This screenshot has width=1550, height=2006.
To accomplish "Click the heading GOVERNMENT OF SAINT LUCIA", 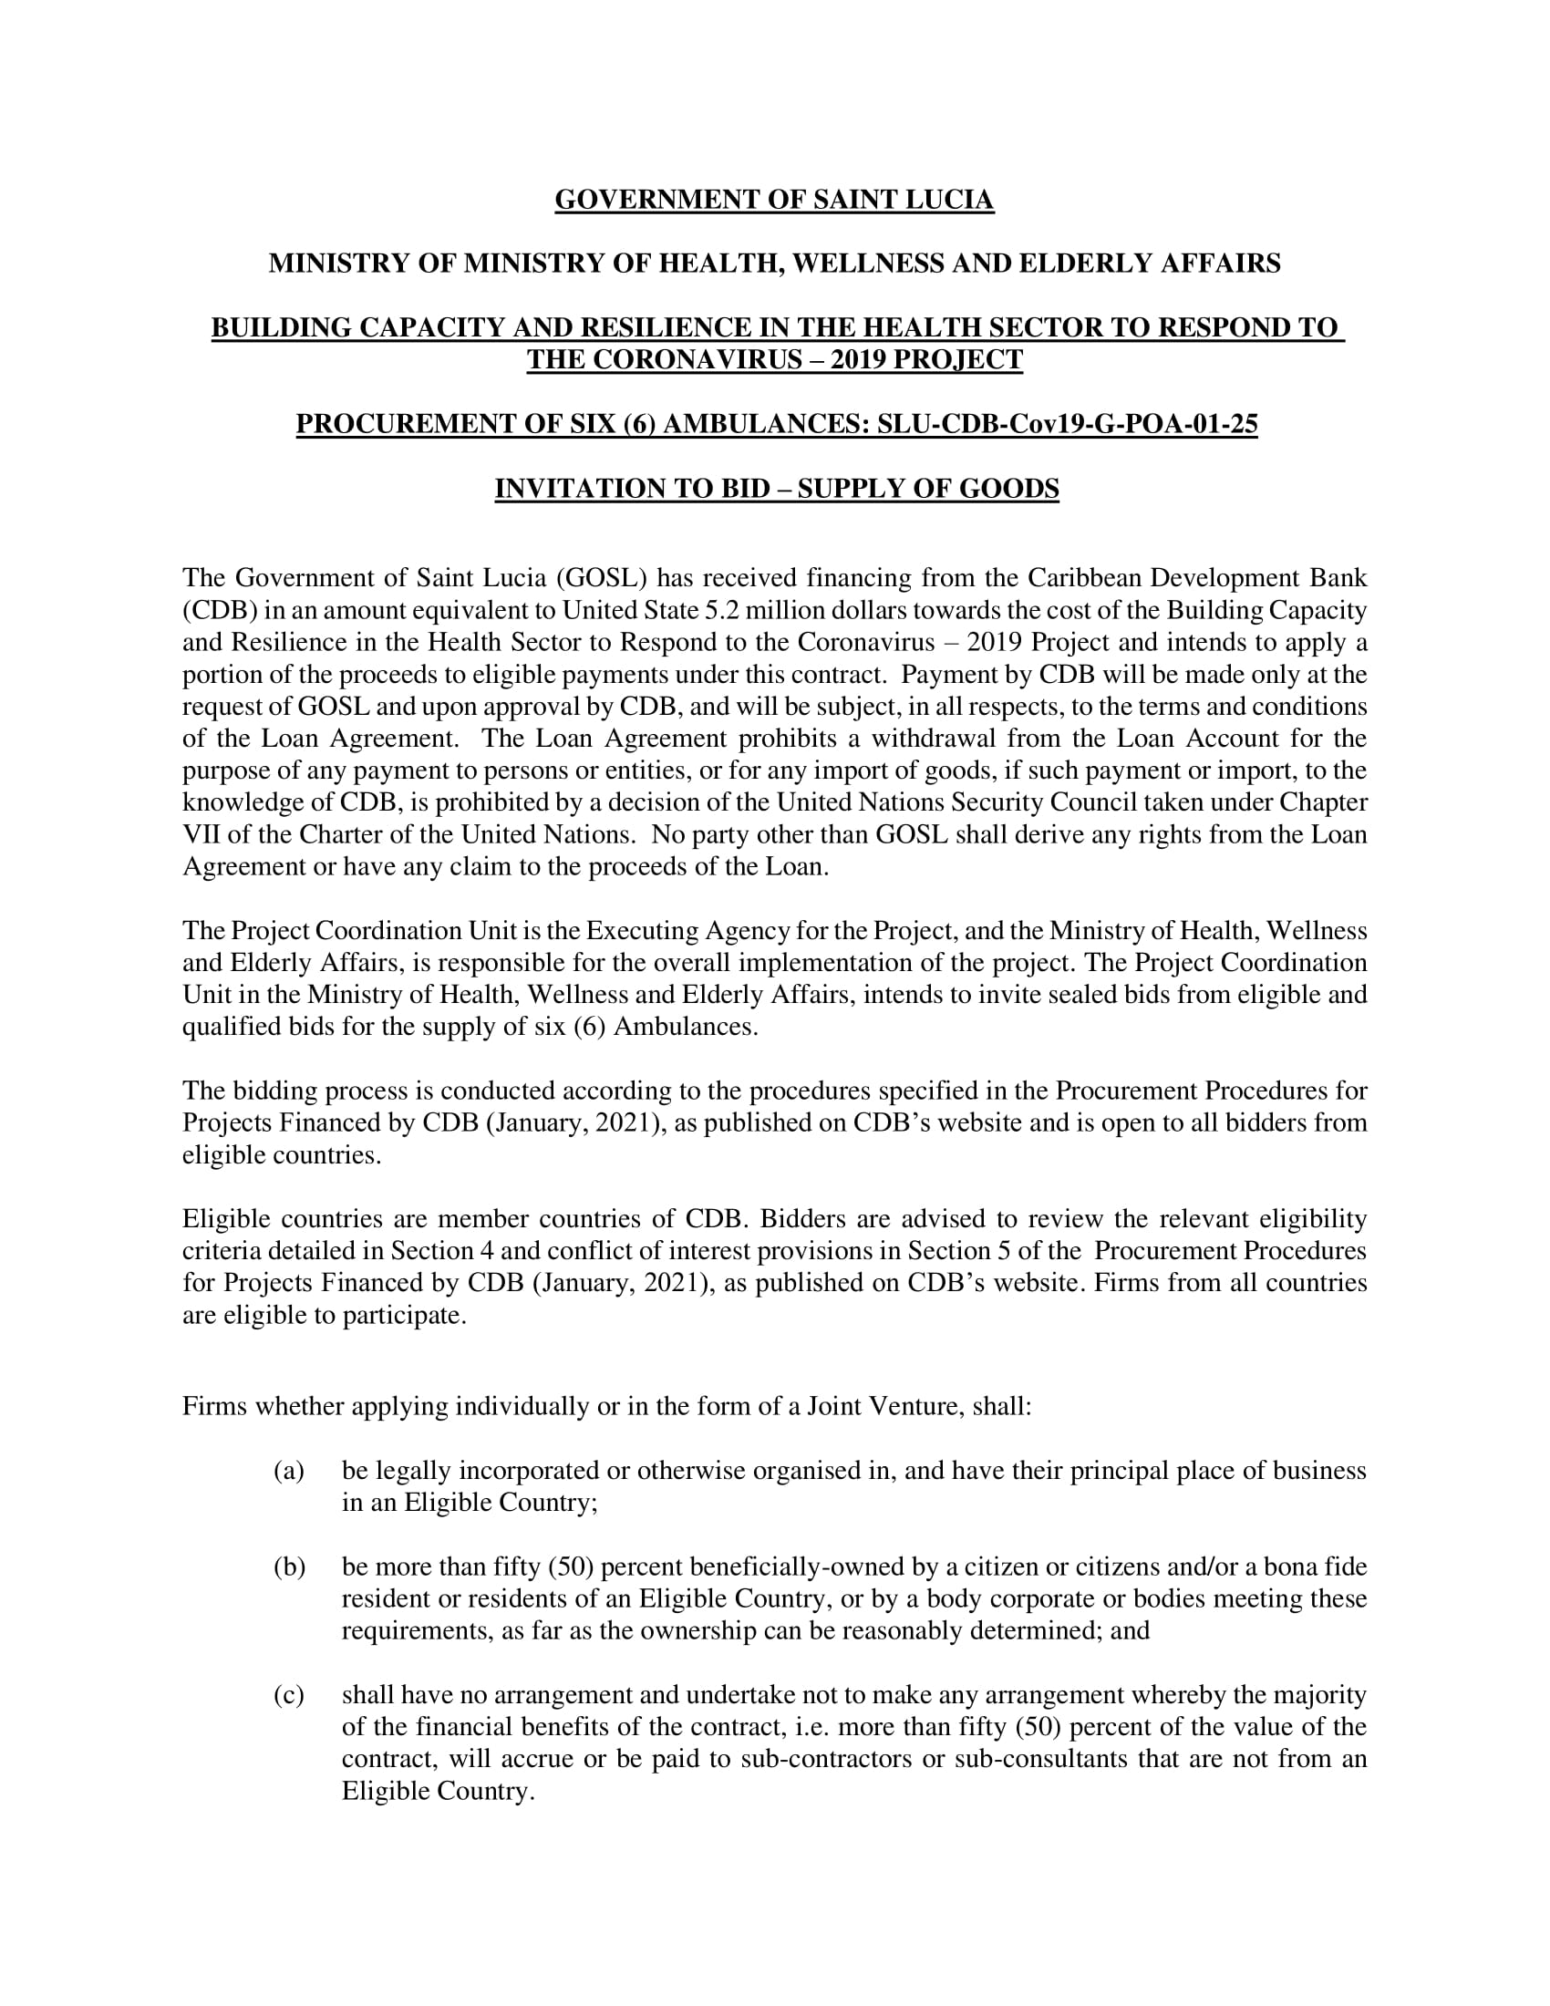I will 774,201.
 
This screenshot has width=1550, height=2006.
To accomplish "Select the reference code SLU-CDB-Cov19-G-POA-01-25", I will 1067,424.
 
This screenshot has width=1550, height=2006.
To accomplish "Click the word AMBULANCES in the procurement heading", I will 766,424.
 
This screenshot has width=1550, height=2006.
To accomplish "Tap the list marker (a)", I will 288,1471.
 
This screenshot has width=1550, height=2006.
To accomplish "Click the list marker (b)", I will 289,1567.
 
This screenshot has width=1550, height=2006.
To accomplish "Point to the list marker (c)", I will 288,1695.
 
